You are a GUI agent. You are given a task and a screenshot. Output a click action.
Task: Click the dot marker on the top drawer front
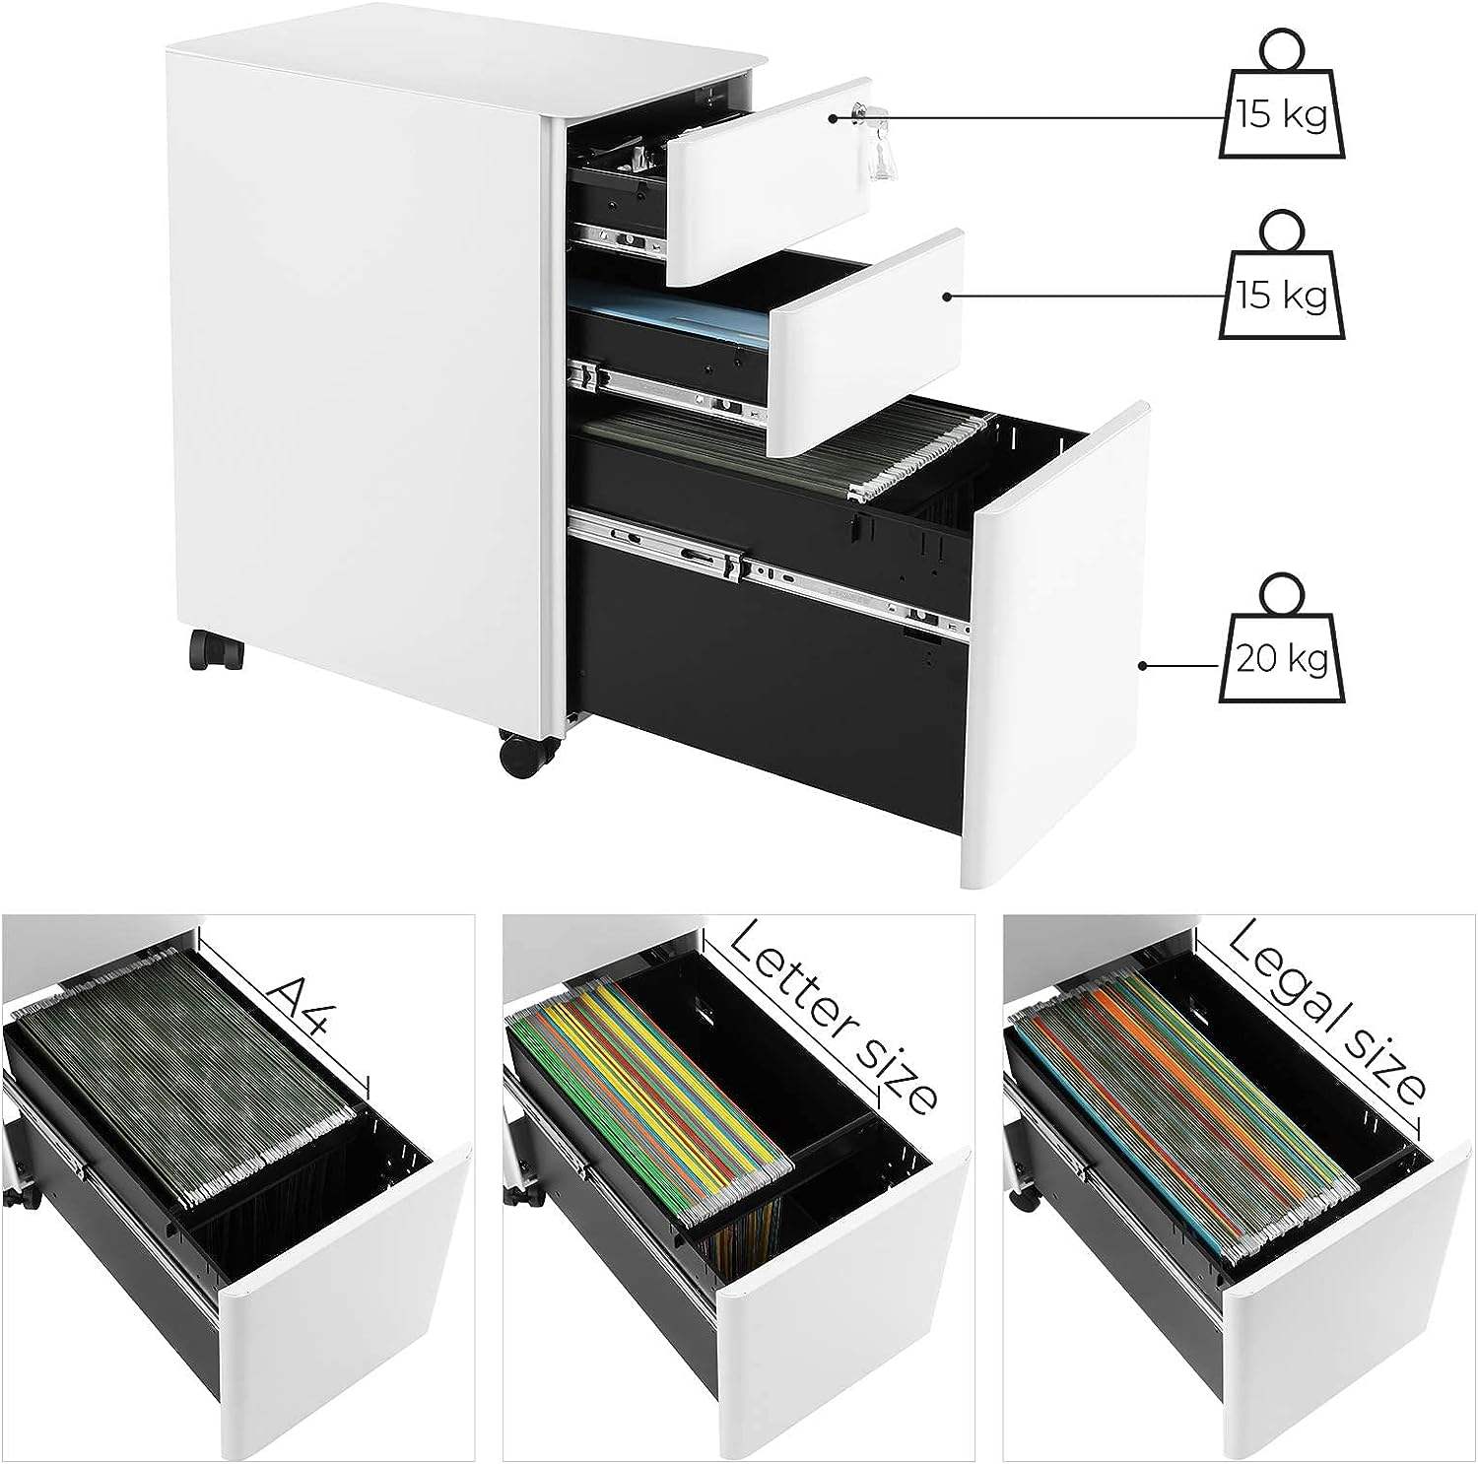(833, 117)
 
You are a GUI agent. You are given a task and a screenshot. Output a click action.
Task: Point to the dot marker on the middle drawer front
(947, 296)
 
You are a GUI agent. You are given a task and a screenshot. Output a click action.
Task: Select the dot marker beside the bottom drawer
(1144, 665)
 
